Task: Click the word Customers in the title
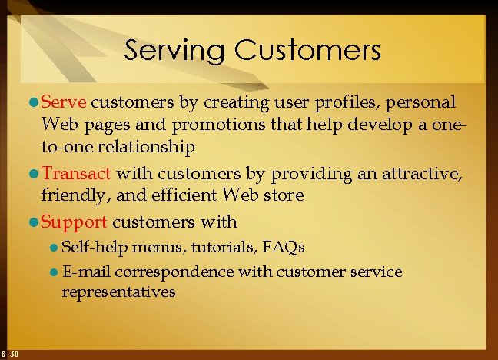(307, 51)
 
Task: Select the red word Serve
(65, 102)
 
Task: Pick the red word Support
(74, 223)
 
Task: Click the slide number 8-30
(11, 354)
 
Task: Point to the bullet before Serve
(33, 103)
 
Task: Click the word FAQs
(284, 248)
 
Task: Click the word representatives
(119, 292)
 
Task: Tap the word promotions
(205, 124)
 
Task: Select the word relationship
(141, 146)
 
